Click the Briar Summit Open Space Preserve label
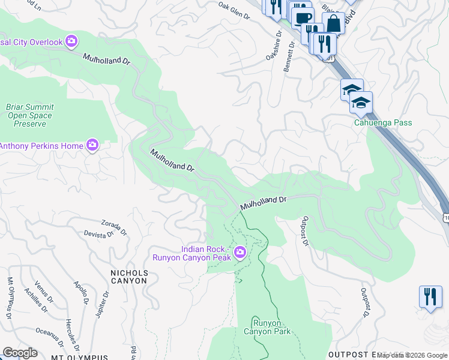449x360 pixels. point(29,115)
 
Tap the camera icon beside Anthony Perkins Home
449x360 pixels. point(92,145)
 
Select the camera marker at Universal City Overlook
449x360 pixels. point(72,41)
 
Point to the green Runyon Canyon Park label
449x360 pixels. point(267,327)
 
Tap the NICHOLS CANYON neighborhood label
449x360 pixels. point(129,276)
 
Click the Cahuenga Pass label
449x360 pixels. point(382,122)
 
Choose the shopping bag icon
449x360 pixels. point(333,24)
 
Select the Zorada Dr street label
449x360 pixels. point(114,226)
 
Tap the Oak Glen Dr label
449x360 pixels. point(234,11)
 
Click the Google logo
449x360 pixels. point(20,353)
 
